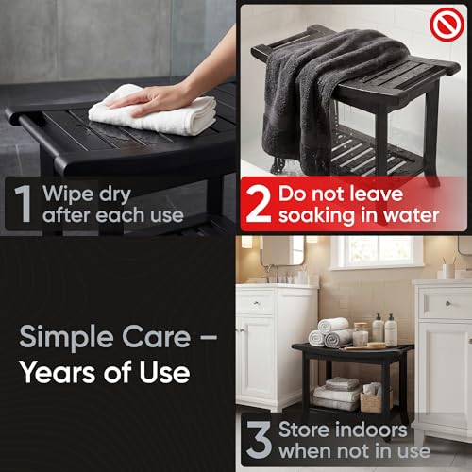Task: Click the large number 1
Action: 24,203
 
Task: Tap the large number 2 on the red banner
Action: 258,204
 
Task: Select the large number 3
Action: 259,439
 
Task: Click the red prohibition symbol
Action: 447,25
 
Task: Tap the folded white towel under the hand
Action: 154,110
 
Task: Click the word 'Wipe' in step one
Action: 69,194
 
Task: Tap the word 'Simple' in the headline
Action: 67,338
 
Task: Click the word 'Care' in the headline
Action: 156,337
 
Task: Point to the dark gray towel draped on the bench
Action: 318,101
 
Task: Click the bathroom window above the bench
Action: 378,252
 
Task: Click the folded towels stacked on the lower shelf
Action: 337,394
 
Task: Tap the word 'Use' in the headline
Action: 164,372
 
